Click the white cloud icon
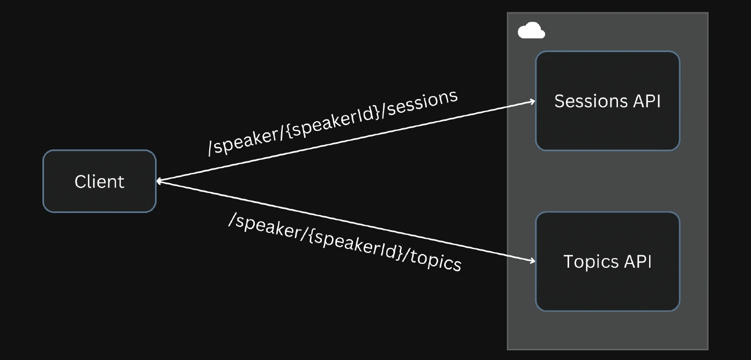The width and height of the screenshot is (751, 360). pos(531,31)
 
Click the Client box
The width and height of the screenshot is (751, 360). pos(100,181)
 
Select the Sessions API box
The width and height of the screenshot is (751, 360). pos(607,100)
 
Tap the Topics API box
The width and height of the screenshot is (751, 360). pos(607,261)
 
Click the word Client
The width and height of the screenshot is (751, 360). pos(100,182)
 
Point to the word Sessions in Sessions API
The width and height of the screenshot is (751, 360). pos(591,101)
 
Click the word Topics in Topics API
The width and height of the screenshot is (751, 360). pos(591,262)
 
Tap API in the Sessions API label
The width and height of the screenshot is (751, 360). pos(647,101)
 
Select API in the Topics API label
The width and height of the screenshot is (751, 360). pos(638,261)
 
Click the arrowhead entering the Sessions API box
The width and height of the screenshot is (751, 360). pos(532,101)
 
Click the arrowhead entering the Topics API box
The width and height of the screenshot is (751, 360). pos(532,261)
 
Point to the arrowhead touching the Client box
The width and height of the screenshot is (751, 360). pos(160,181)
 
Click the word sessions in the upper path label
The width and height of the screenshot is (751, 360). pos(423,102)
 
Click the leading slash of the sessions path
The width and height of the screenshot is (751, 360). pos(210,148)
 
